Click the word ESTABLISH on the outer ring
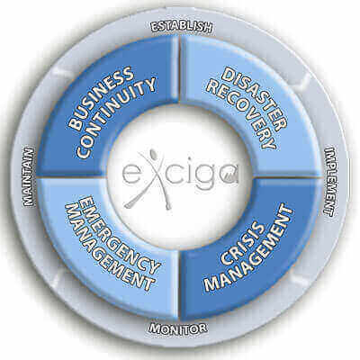(x=182, y=27)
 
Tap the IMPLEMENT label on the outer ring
(x=331, y=182)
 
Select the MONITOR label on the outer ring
(x=178, y=328)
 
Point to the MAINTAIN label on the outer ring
(x=29, y=176)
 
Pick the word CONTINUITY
(x=116, y=118)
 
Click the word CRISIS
(x=243, y=243)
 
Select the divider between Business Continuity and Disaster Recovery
(x=180, y=69)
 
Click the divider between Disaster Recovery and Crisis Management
(x=289, y=177)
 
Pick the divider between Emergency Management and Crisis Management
(x=179, y=285)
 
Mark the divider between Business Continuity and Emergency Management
(x=71, y=177)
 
